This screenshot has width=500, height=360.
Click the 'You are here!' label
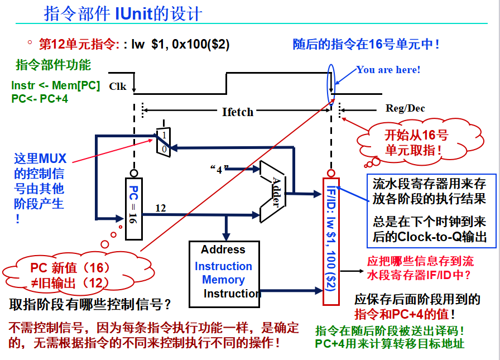[x=388, y=70]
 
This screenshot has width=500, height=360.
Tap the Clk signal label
[x=118, y=86]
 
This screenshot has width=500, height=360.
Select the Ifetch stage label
[x=238, y=112]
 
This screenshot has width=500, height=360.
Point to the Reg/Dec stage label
[x=405, y=108]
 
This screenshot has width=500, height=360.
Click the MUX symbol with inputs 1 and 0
[x=162, y=142]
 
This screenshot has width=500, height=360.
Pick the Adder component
[x=273, y=191]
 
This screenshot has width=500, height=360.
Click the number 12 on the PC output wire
[x=161, y=208]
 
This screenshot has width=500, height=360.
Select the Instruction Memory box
[x=224, y=274]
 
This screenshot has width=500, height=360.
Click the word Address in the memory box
[x=223, y=249]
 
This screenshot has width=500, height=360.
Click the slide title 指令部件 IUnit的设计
[x=123, y=13]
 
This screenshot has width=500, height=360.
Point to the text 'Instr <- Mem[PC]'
[x=56, y=87]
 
